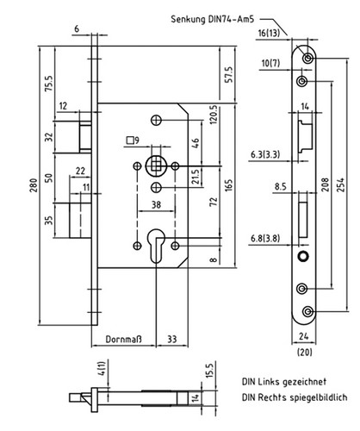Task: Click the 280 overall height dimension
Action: (x=34, y=185)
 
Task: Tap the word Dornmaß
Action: (x=124, y=339)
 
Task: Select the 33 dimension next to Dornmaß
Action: (x=172, y=339)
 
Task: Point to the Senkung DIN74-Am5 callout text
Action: (x=213, y=19)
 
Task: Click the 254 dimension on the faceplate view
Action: (x=340, y=184)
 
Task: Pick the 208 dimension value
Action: (x=326, y=184)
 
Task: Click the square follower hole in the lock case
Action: (x=156, y=166)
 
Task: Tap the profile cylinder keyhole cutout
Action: (x=157, y=245)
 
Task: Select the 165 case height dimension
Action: (x=229, y=185)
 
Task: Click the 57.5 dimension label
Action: (x=229, y=74)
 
